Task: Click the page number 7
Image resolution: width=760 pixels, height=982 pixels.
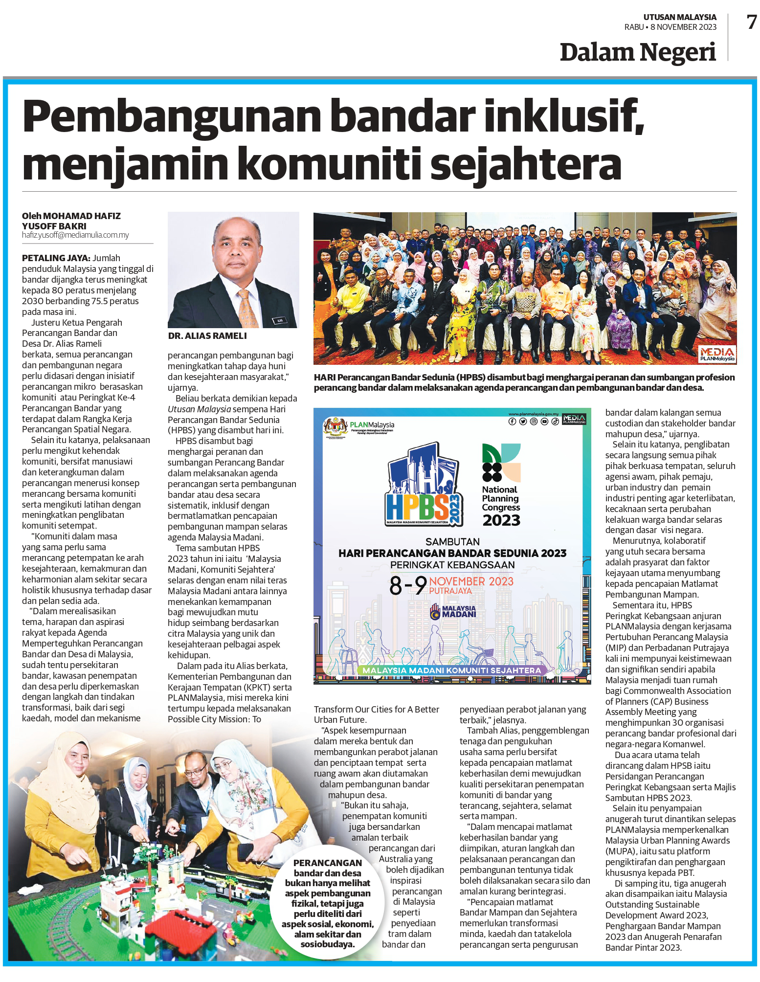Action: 751,22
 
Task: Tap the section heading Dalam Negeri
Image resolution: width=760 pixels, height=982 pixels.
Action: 637,52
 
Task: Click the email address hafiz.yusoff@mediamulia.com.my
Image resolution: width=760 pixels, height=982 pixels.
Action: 75,235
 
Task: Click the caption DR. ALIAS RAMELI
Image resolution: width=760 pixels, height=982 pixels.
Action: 207,336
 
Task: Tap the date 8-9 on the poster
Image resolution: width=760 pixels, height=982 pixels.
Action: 407,585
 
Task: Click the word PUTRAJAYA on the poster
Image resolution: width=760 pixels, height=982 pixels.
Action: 450,591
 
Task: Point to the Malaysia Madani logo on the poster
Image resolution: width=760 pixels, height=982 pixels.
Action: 453,612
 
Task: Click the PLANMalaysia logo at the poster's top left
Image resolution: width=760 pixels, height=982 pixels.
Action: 359,427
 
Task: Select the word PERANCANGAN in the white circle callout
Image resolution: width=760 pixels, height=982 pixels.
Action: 328,863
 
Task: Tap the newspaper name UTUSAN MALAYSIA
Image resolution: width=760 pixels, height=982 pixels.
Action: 679,17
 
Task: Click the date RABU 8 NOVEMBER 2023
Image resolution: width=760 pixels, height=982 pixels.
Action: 670,27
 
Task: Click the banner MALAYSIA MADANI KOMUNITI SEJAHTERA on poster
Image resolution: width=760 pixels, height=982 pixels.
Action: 451,670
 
